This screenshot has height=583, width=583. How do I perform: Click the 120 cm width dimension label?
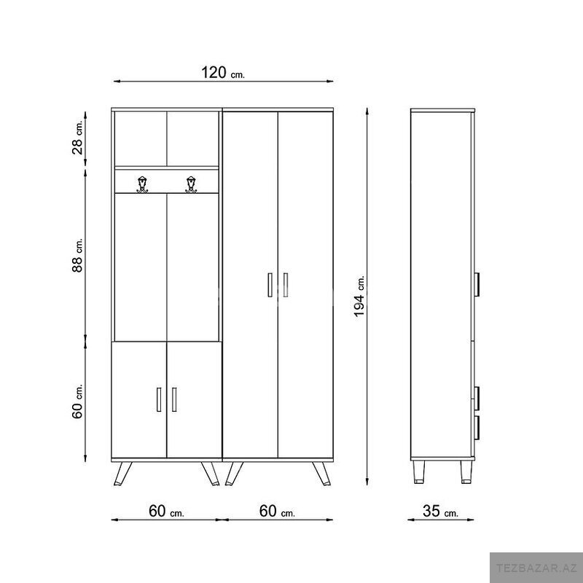tap(223, 72)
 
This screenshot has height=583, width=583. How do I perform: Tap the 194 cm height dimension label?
tap(359, 297)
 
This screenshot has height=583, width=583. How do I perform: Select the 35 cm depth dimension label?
tap(441, 512)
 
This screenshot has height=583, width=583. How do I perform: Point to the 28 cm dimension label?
tap(78, 138)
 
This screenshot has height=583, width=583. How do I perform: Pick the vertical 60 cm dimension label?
tap(78, 402)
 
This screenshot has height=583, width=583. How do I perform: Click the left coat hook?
tap(142, 184)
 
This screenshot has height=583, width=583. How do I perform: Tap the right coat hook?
tap(191, 184)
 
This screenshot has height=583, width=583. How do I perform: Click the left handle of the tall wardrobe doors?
tap(270, 285)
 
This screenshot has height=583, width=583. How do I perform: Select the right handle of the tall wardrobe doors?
tap(285, 285)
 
